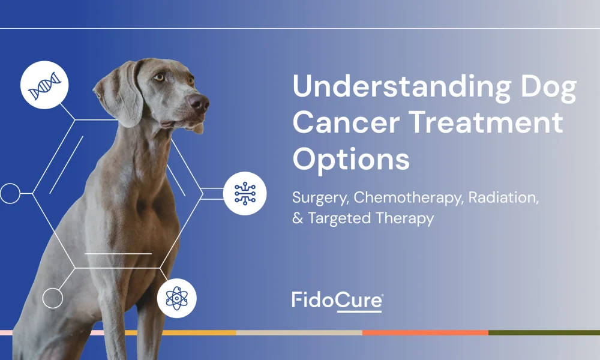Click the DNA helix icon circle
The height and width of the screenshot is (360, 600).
click(44, 85)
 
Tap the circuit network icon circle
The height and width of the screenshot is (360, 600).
click(245, 194)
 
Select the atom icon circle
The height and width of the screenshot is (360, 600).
click(177, 298)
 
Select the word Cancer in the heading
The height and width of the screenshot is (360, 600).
click(346, 122)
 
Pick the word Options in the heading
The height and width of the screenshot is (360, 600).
click(351, 160)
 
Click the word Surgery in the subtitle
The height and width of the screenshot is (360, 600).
click(320, 198)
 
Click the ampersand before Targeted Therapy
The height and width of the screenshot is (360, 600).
click(298, 218)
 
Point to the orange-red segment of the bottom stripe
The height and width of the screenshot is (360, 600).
click(425, 333)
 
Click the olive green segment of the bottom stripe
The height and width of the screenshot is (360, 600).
click(544, 333)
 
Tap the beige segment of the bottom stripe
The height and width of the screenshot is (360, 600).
click(299, 333)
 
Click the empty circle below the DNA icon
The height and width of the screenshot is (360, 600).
click(10, 193)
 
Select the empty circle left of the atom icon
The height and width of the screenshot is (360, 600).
click(52, 298)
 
